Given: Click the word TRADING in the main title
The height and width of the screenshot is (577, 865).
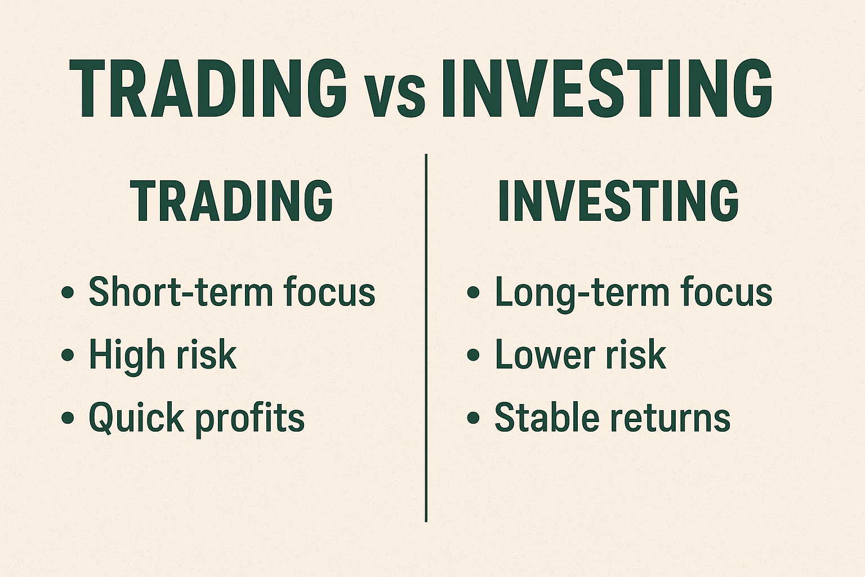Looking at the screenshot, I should pyautogui.click(x=207, y=89).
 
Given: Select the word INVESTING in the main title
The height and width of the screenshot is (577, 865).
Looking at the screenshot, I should pyautogui.click(x=606, y=89).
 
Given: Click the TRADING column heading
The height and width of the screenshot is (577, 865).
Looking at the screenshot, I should pyautogui.click(x=231, y=201).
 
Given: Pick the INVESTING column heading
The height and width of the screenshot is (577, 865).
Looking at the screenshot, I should pyautogui.click(x=618, y=201).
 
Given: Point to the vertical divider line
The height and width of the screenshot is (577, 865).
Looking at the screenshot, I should pyautogui.click(x=426, y=338).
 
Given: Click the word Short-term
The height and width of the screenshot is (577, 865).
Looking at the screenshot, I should pyautogui.click(x=181, y=292).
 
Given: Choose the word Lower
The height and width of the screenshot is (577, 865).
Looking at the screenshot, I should pyautogui.click(x=545, y=355).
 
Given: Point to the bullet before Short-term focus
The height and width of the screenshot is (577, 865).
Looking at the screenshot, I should pyautogui.click(x=68, y=293).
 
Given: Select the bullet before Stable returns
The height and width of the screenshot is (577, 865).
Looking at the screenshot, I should pyautogui.click(x=474, y=418).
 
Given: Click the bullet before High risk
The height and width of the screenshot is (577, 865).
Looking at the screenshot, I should pyautogui.click(x=68, y=356).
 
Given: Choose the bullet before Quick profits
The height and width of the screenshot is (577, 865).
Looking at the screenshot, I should pyautogui.click(x=68, y=418).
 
